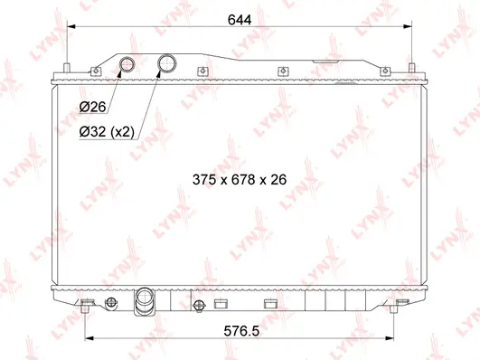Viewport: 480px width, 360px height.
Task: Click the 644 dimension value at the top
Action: coord(239,19)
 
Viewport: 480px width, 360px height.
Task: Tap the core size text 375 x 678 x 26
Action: coord(240,180)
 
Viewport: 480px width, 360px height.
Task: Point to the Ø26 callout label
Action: coord(92,108)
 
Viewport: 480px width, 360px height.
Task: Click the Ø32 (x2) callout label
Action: coord(107,132)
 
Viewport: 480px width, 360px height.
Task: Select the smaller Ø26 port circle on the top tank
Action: coord(128,63)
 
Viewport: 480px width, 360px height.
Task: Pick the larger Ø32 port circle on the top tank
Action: coord(167,63)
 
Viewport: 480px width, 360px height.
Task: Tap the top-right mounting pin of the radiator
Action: coord(411,70)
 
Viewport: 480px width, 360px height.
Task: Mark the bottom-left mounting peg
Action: coord(86,305)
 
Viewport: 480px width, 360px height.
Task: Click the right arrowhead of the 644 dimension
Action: coord(408,29)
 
